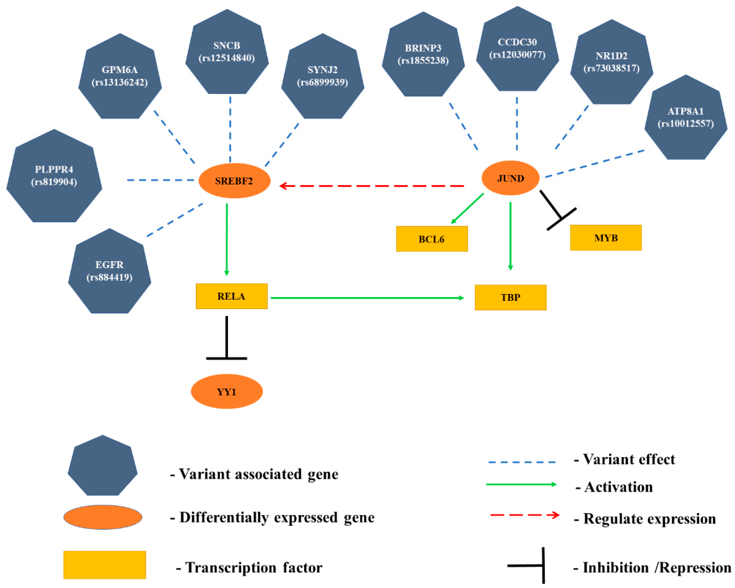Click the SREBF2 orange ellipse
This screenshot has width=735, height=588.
pyautogui.click(x=234, y=181)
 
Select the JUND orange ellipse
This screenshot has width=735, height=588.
pyautogui.click(x=510, y=178)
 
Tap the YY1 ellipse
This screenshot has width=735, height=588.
pyautogui.click(x=227, y=391)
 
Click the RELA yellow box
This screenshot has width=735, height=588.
pyautogui.click(x=231, y=296)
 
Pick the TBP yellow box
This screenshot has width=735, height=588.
pyautogui.click(x=510, y=297)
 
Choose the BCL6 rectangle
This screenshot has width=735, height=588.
pyautogui.click(x=432, y=239)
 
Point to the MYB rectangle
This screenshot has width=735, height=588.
pyautogui.click(x=605, y=238)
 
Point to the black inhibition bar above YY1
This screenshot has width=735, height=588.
pyautogui.click(x=227, y=358)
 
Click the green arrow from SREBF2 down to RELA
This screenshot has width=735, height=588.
pyautogui.click(x=227, y=239)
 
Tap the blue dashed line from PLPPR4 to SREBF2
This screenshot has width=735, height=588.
pyautogui.click(x=160, y=180)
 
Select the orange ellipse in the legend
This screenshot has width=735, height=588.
pyautogui.click(x=103, y=517)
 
